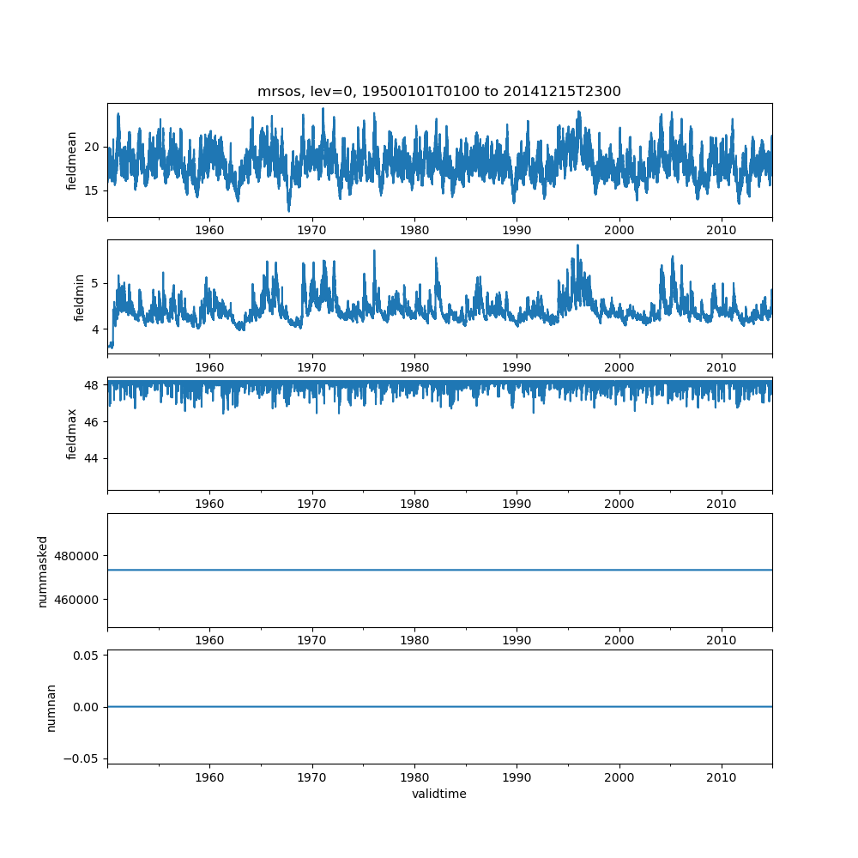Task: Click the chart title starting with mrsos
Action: click(438, 91)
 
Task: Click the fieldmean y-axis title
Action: click(72, 160)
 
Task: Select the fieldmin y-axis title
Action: click(80, 297)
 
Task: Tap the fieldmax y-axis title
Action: click(72, 433)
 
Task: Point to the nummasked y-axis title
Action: click(42, 571)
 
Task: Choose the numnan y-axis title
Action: click(51, 707)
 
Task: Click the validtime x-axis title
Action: click(438, 794)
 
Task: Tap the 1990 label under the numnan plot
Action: click(517, 776)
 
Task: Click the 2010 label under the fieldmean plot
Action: click(722, 230)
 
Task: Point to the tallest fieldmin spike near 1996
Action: click(577, 245)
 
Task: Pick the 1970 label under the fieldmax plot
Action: click(312, 504)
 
